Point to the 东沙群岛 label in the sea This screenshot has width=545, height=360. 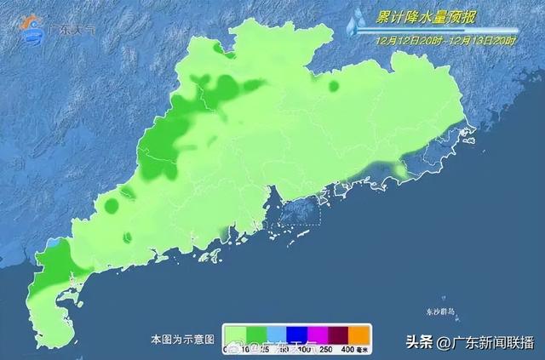pos(439,312)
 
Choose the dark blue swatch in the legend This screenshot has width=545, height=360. pos(297,333)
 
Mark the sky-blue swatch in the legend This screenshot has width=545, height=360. pos(278,333)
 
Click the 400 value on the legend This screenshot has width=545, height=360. pos(345,349)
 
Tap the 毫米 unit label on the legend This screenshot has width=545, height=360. pos(361,349)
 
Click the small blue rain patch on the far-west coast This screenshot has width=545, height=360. pos(56,243)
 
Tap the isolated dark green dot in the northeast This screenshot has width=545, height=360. pos(334,85)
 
